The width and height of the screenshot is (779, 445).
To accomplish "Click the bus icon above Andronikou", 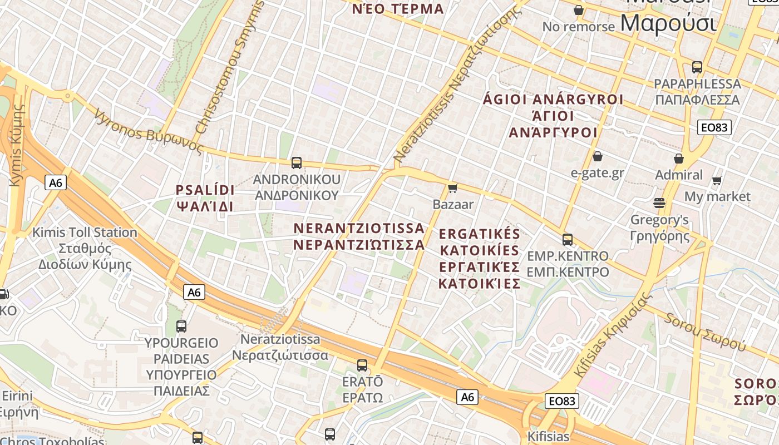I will pyautogui.click(x=297, y=163).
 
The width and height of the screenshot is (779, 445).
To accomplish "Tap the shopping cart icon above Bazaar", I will pyautogui.click(x=453, y=188).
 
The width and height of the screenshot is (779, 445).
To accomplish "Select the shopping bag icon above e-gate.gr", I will pyautogui.click(x=598, y=156).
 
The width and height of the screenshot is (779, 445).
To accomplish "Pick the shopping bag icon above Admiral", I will pyautogui.click(x=679, y=159).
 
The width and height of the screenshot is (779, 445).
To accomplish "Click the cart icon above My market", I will pyautogui.click(x=717, y=180).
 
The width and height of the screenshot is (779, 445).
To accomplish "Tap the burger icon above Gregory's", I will pyautogui.click(x=660, y=203).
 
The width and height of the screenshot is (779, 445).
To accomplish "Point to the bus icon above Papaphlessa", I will pyautogui.click(x=697, y=67).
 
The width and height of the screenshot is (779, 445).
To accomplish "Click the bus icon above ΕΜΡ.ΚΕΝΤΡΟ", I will pyautogui.click(x=568, y=240).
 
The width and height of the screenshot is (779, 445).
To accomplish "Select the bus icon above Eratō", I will pyautogui.click(x=362, y=365).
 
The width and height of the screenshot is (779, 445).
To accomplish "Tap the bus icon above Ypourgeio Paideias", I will pyautogui.click(x=181, y=327).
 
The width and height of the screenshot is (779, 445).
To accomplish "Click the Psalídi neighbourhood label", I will pyautogui.click(x=205, y=198).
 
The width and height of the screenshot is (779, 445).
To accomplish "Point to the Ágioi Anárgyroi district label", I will pyautogui.click(x=553, y=116).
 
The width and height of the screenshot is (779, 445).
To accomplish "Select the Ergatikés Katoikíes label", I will pyautogui.click(x=479, y=259).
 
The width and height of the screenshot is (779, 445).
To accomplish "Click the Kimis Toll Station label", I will pyautogui.click(x=85, y=248).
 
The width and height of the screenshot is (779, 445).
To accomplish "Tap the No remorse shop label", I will pyautogui.click(x=579, y=26).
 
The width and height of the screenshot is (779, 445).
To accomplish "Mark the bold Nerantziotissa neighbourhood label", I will pyautogui.click(x=359, y=236).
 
